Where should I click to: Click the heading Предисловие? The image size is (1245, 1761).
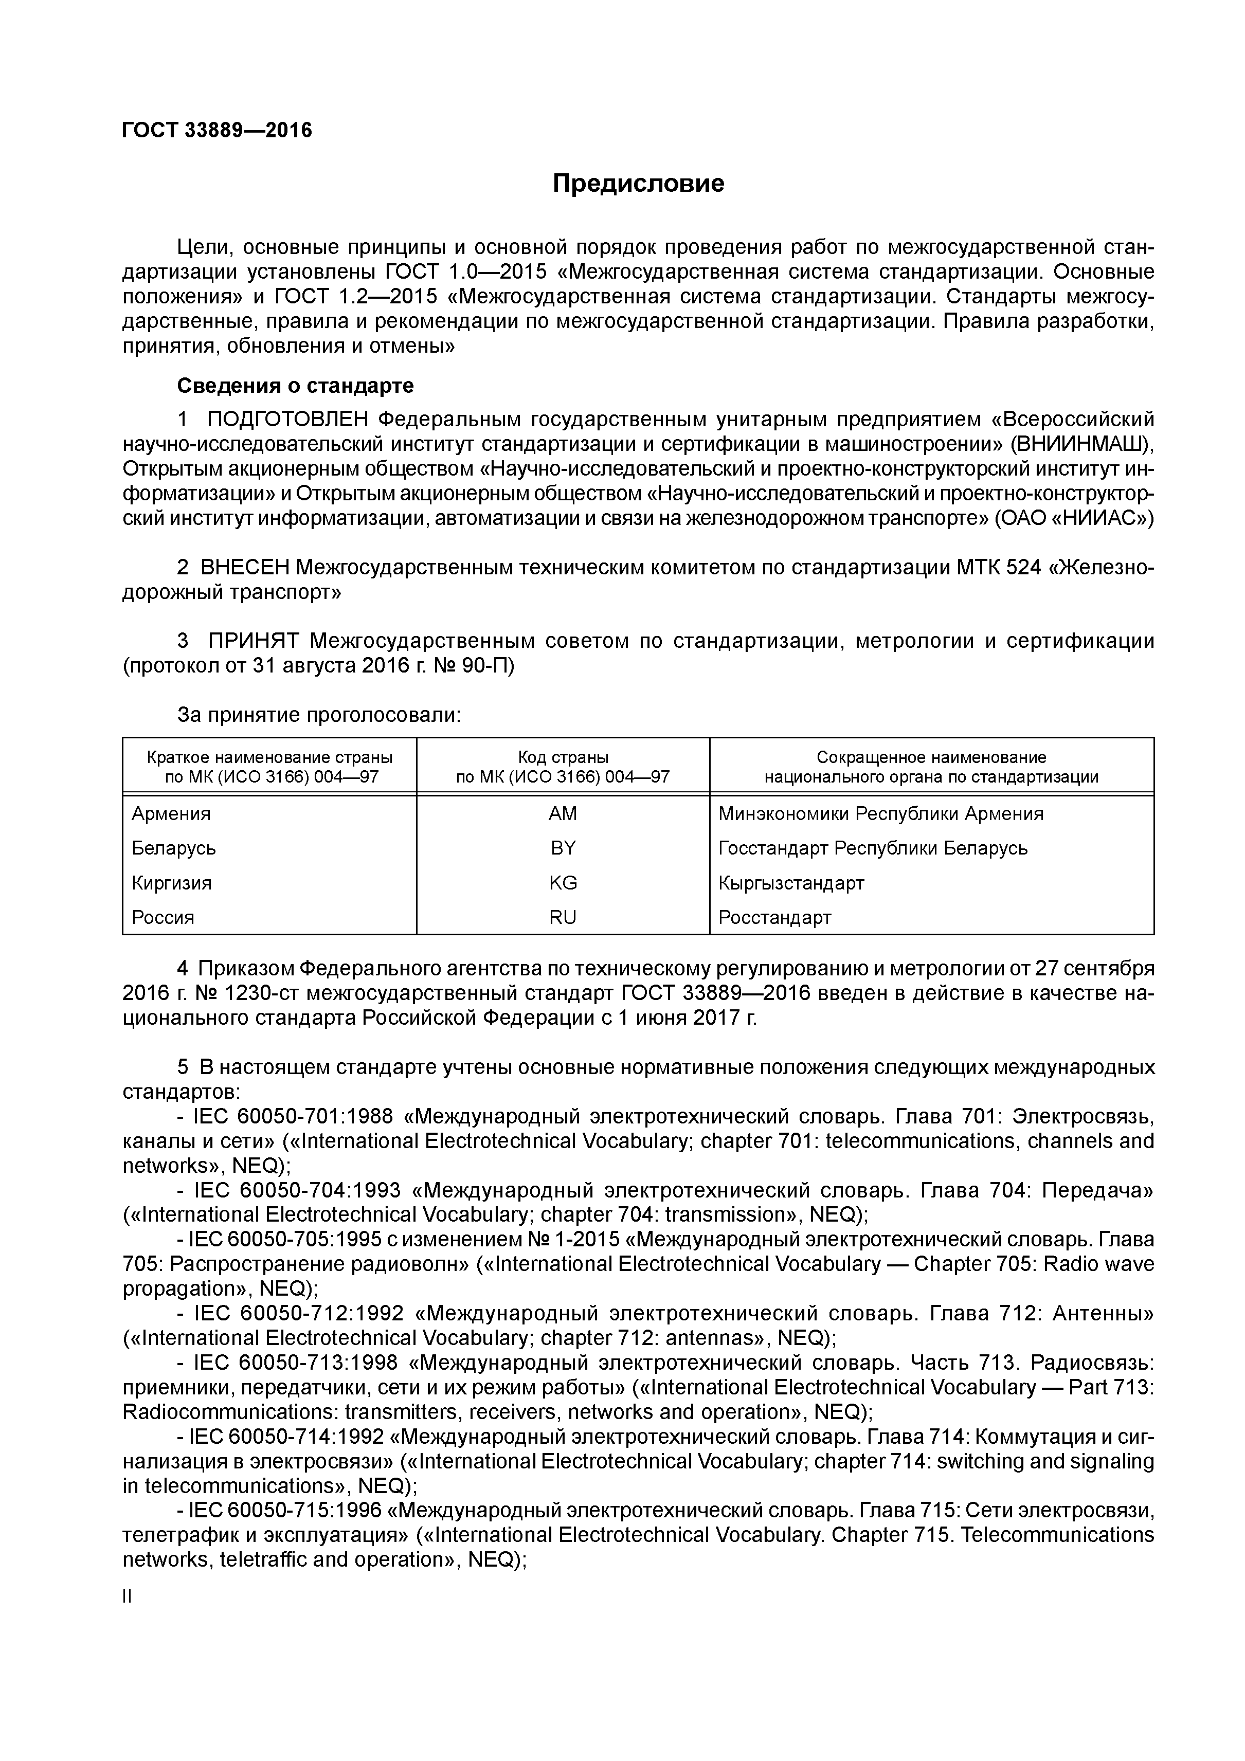click(638, 184)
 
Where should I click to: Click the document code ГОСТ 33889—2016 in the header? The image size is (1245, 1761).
click(217, 131)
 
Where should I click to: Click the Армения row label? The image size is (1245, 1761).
click(171, 814)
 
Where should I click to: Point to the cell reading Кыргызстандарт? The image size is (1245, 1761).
click(791, 883)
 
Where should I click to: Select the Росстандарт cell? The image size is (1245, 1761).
click(775, 917)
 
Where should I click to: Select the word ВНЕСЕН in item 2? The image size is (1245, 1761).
click(245, 568)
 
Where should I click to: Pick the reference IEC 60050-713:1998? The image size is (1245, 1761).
click(295, 1363)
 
